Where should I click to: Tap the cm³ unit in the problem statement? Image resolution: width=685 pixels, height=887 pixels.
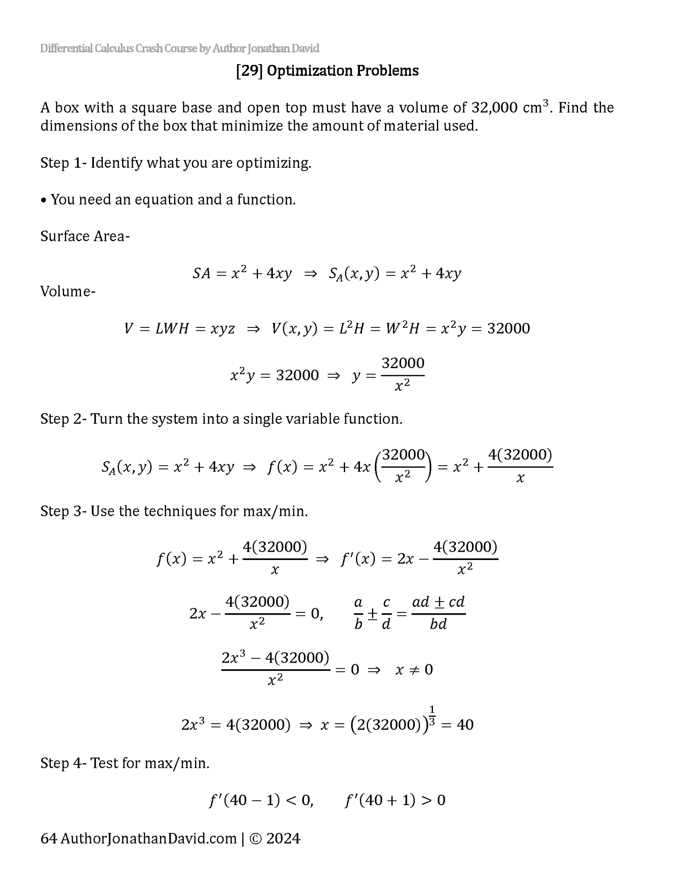click(x=535, y=107)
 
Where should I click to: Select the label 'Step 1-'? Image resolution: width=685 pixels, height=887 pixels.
click(x=64, y=163)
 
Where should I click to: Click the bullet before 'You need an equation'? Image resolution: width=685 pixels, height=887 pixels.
click(x=43, y=200)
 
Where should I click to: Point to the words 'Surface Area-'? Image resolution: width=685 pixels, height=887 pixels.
click(x=85, y=236)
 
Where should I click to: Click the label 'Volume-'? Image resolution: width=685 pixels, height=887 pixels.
click(x=68, y=291)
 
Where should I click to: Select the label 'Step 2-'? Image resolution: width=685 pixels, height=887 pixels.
click(x=64, y=419)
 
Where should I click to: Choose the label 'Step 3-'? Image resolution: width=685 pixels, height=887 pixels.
click(x=64, y=511)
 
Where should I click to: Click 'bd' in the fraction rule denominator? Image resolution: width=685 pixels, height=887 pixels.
click(x=438, y=624)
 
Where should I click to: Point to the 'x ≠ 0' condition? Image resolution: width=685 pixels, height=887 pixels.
click(x=414, y=670)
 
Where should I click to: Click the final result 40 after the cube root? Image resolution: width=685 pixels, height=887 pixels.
click(x=465, y=725)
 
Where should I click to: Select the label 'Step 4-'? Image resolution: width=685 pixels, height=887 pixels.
click(x=64, y=763)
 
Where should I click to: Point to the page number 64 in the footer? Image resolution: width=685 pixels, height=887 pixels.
click(x=48, y=838)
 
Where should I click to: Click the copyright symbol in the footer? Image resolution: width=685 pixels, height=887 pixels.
click(x=255, y=839)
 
